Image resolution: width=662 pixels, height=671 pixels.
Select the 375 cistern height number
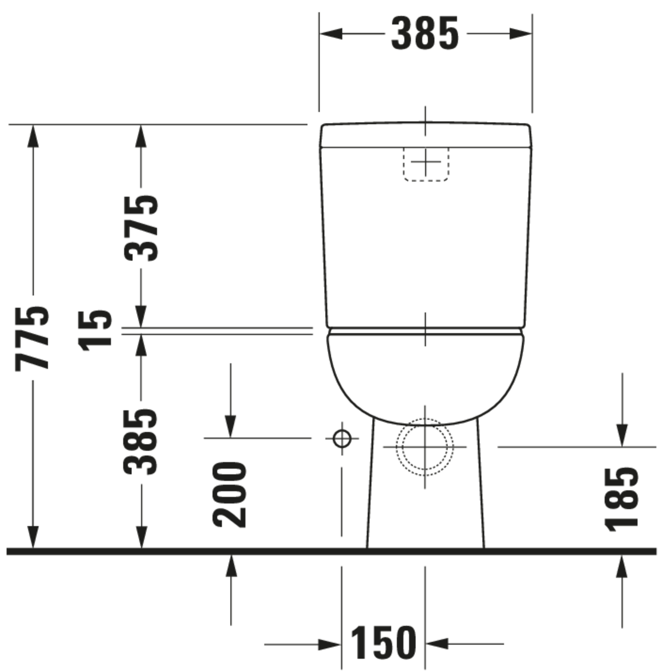pos(141,229)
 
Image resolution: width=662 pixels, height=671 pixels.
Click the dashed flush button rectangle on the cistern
pos(426,164)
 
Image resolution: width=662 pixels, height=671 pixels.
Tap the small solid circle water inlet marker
pos(342,438)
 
